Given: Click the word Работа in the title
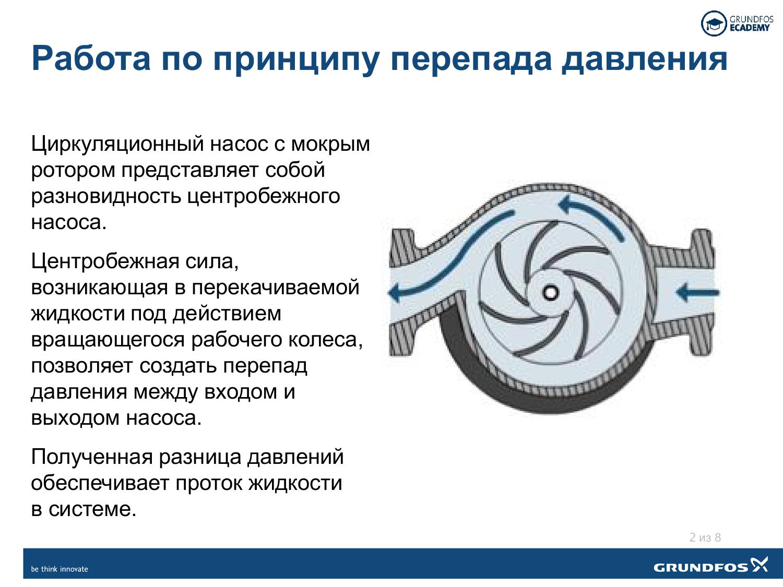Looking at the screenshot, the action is pyautogui.click(x=91, y=58).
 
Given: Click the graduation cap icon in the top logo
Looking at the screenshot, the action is pyautogui.click(x=714, y=23).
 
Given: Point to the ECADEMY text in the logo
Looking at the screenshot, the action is pyautogui.click(x=749, y=28).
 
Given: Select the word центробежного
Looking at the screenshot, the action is pyautogui.click(x=263, y=196).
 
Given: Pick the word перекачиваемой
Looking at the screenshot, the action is pyautogui.click(x=276, y=288).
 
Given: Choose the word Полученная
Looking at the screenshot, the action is pyautogui.click(x=92, y=457).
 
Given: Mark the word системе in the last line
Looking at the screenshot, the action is pyautogui.click(x=92, y=509).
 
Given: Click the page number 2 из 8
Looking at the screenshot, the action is pyautogui.click(x=705, y=537).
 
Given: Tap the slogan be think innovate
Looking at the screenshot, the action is pyautogui.click(x=60, y=569).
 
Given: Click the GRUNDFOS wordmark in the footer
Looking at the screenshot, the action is pyautogui.click(x=701, y=567).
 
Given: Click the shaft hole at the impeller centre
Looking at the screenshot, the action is pyautogui.click(x=550, y=292).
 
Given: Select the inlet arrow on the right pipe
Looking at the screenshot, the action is pyautogui.click(x=697, y=292).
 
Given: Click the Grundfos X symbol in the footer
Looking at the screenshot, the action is pyautogui.click(x=759, y=565).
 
